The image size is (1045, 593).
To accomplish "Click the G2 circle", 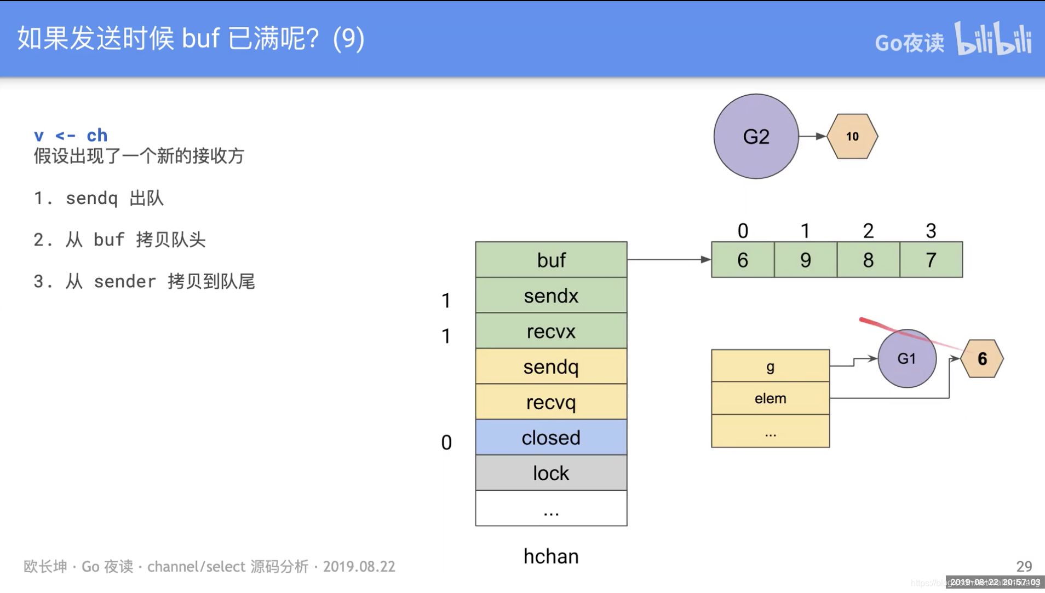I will (x=756, y=136).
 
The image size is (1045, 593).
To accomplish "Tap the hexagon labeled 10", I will (x=852, y=136).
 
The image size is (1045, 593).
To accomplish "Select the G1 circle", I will (x=906, y=359).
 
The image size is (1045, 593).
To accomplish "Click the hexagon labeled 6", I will (x=982, y=359).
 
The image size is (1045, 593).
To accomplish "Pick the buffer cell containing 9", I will (x=805, y=260).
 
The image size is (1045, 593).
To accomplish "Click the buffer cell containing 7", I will (x=931, y=260).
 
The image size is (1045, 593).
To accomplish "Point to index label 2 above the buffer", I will (x=868, y=231).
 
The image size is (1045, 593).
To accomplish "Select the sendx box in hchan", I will (x=551, y=295).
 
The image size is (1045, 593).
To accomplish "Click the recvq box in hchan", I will (x=551, y=402).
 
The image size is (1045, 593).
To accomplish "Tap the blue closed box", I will (x=551, y=438).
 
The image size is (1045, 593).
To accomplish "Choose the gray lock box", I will (x=551, y=473).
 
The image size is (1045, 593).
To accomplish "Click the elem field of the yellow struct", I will (x=770, y=398).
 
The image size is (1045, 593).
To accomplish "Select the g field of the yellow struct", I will (x=770, y=366).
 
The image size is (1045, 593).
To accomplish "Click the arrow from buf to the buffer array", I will (x=668, y=259).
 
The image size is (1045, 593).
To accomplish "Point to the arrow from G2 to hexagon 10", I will (x=812, y=136).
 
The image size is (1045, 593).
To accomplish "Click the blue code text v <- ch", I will (x=71, y=135).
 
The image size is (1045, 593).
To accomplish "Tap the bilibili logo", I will (x=994, y=39).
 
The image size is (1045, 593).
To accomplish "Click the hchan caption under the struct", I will (x=551, y=556).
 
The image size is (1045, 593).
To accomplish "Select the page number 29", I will (x=1024, y=566).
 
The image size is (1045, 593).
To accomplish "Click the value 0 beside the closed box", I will (x=446, y=443).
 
